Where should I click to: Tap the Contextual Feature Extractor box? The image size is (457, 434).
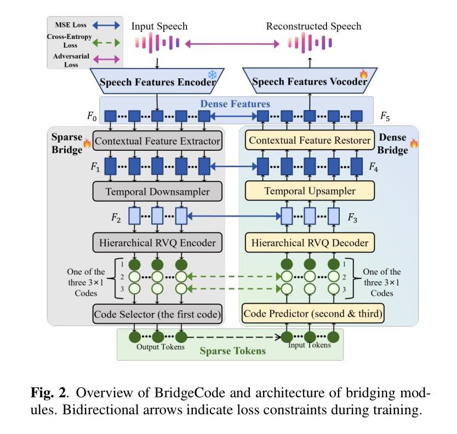pyautogui.click(x=157, y=141)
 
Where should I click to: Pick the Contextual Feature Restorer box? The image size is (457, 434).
pyautogui.click(x=310, y=141)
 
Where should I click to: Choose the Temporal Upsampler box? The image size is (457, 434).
pyautogui.click(x=310, y=191)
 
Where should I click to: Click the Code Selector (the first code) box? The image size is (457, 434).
pyautogui.click(x=157, y=314)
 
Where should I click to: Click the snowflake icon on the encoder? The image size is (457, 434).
pyautogui.click(x=211, y=75)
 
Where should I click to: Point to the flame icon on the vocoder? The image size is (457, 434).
pyautogui.click(x=363, y=73)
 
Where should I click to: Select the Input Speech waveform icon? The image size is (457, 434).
pyautogui.click(x=158, y=43)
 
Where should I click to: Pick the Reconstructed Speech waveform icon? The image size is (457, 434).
pyautogui.click(x=310, y=43)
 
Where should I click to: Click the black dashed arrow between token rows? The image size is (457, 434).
pyautogui.click(x=233, y=337)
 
